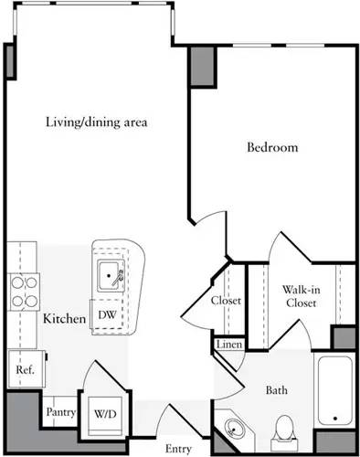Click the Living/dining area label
click(x=96, y=122)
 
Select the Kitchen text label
click(x=64, y=319)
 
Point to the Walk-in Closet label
click(x=301, y=296)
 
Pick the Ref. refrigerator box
click(x=23, y=370)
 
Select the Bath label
click(x=276, y=390)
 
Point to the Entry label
click(x=178, y=448)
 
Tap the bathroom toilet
click(x=284, y=428)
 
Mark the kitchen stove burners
click(x=22, y=291)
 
